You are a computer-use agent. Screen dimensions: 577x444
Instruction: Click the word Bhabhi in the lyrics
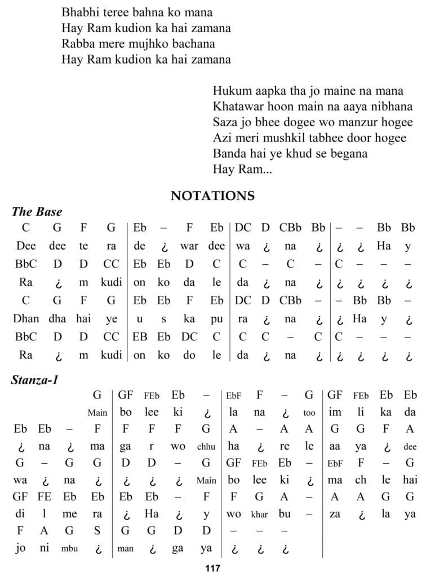point(78,11)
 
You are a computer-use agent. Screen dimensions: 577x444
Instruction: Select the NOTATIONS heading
point(212,196)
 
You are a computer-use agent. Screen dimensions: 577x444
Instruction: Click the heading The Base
point(37,212)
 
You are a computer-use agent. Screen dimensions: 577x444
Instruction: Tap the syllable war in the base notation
point(189,246)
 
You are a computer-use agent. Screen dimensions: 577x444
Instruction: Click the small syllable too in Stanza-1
point(309,413)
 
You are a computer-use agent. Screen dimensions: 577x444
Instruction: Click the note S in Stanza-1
point(97,530)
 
